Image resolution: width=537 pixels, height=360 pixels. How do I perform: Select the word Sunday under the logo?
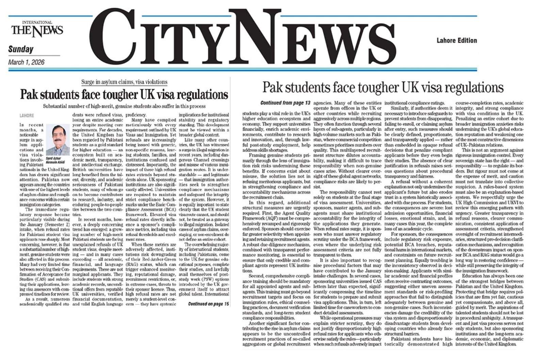pos(21,49)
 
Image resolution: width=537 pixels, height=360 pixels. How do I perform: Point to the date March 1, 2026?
pos(27,62)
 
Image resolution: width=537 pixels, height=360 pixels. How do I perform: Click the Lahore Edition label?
pos(457,41)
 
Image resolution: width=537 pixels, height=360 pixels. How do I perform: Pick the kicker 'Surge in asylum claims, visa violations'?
pos(124,82)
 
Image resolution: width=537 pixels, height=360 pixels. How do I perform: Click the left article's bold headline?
pos(124,94)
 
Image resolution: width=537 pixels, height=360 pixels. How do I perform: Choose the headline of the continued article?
pos(383,88)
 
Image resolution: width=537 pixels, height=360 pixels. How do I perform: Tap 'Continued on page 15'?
pos(209,303)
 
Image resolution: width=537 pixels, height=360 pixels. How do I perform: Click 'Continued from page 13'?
pos(286,103)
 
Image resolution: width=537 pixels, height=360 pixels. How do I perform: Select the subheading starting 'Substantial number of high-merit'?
pos(125,106)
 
